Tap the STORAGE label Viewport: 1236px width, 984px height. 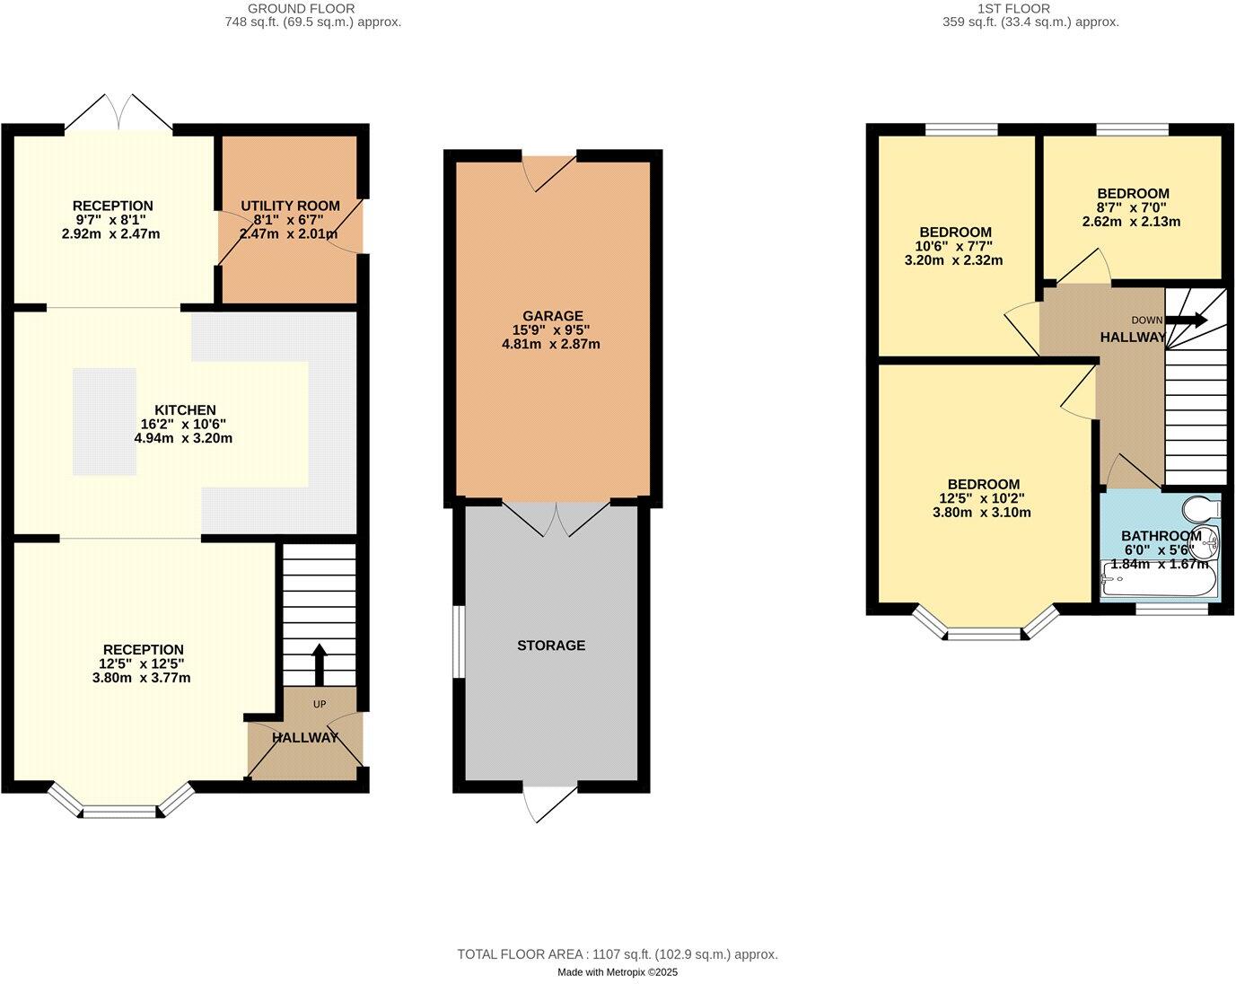(551, 645)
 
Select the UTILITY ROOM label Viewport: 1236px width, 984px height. (290, 206)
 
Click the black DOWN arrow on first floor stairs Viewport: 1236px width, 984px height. (1187, 320)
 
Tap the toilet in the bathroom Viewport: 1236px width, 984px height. (1201, 509)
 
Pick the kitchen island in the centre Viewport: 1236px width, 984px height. (105, 421)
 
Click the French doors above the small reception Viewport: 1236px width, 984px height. (118, 112)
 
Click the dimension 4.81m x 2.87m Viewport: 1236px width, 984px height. (550, 344)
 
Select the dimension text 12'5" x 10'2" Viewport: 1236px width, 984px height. (981, 498)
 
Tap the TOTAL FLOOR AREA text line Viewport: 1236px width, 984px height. (618, 954)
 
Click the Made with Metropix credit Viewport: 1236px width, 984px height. (618, 972)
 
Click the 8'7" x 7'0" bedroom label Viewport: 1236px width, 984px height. (1133, 207)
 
